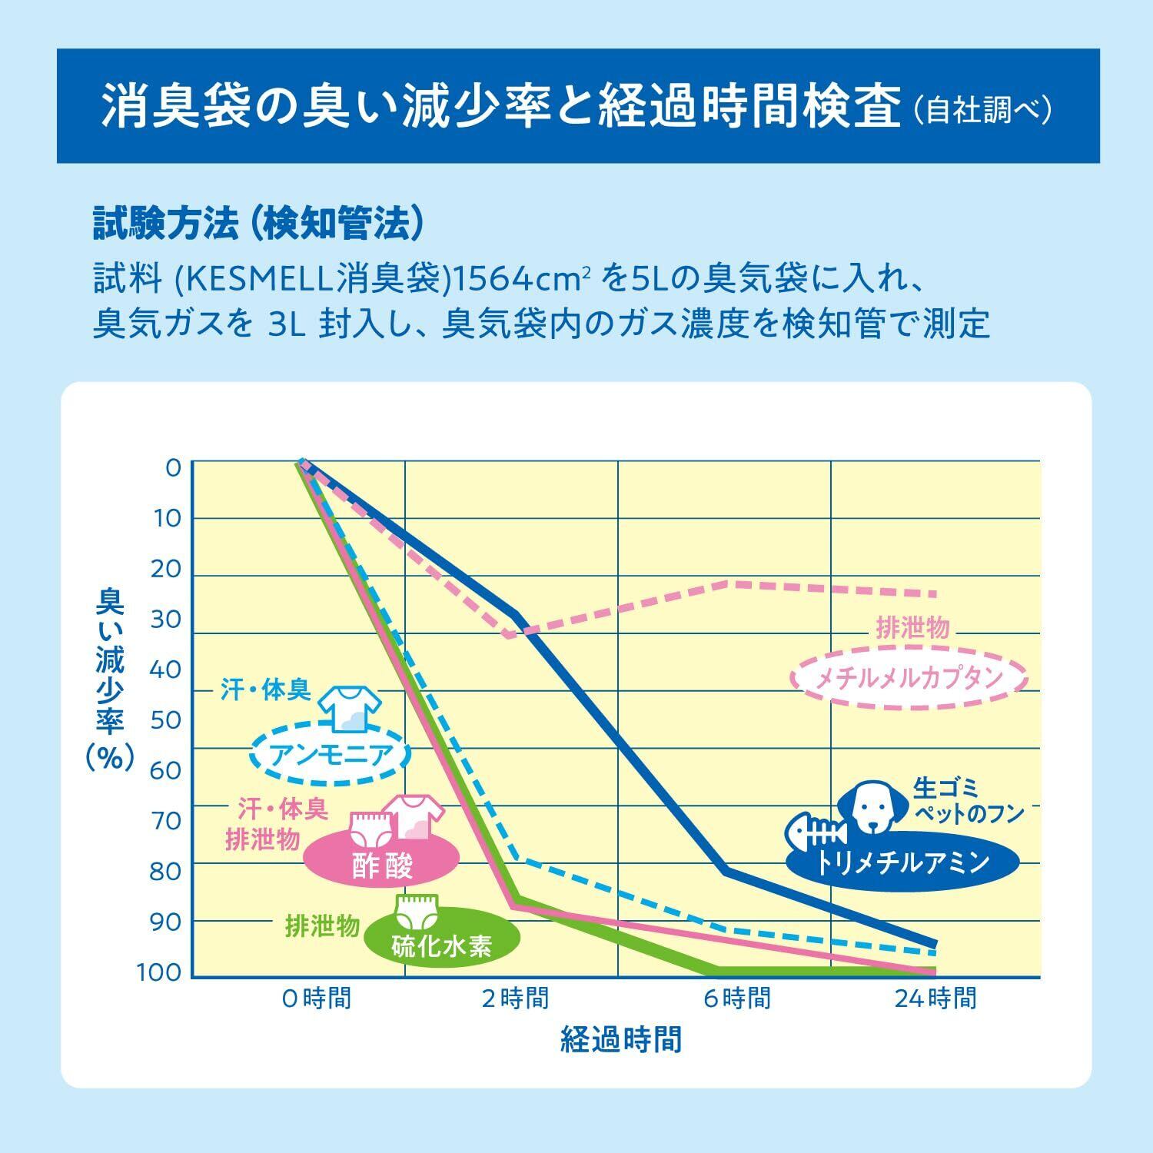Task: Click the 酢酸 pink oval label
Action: [382, 865]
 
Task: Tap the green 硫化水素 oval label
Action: [441, 945]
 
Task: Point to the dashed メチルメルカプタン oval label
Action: [909, 677]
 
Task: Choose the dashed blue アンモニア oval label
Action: [332, 754]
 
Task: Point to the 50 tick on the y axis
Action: [164, 721]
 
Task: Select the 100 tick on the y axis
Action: [159, 973]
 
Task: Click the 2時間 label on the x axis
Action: [515, 998]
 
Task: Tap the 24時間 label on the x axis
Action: [935, 998]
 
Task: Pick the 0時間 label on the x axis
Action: [317, 998]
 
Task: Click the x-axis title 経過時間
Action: [621, 1039]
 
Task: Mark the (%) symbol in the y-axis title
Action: [110, 757]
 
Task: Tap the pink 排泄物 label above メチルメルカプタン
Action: [913, 628]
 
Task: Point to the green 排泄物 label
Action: [322, 926]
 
